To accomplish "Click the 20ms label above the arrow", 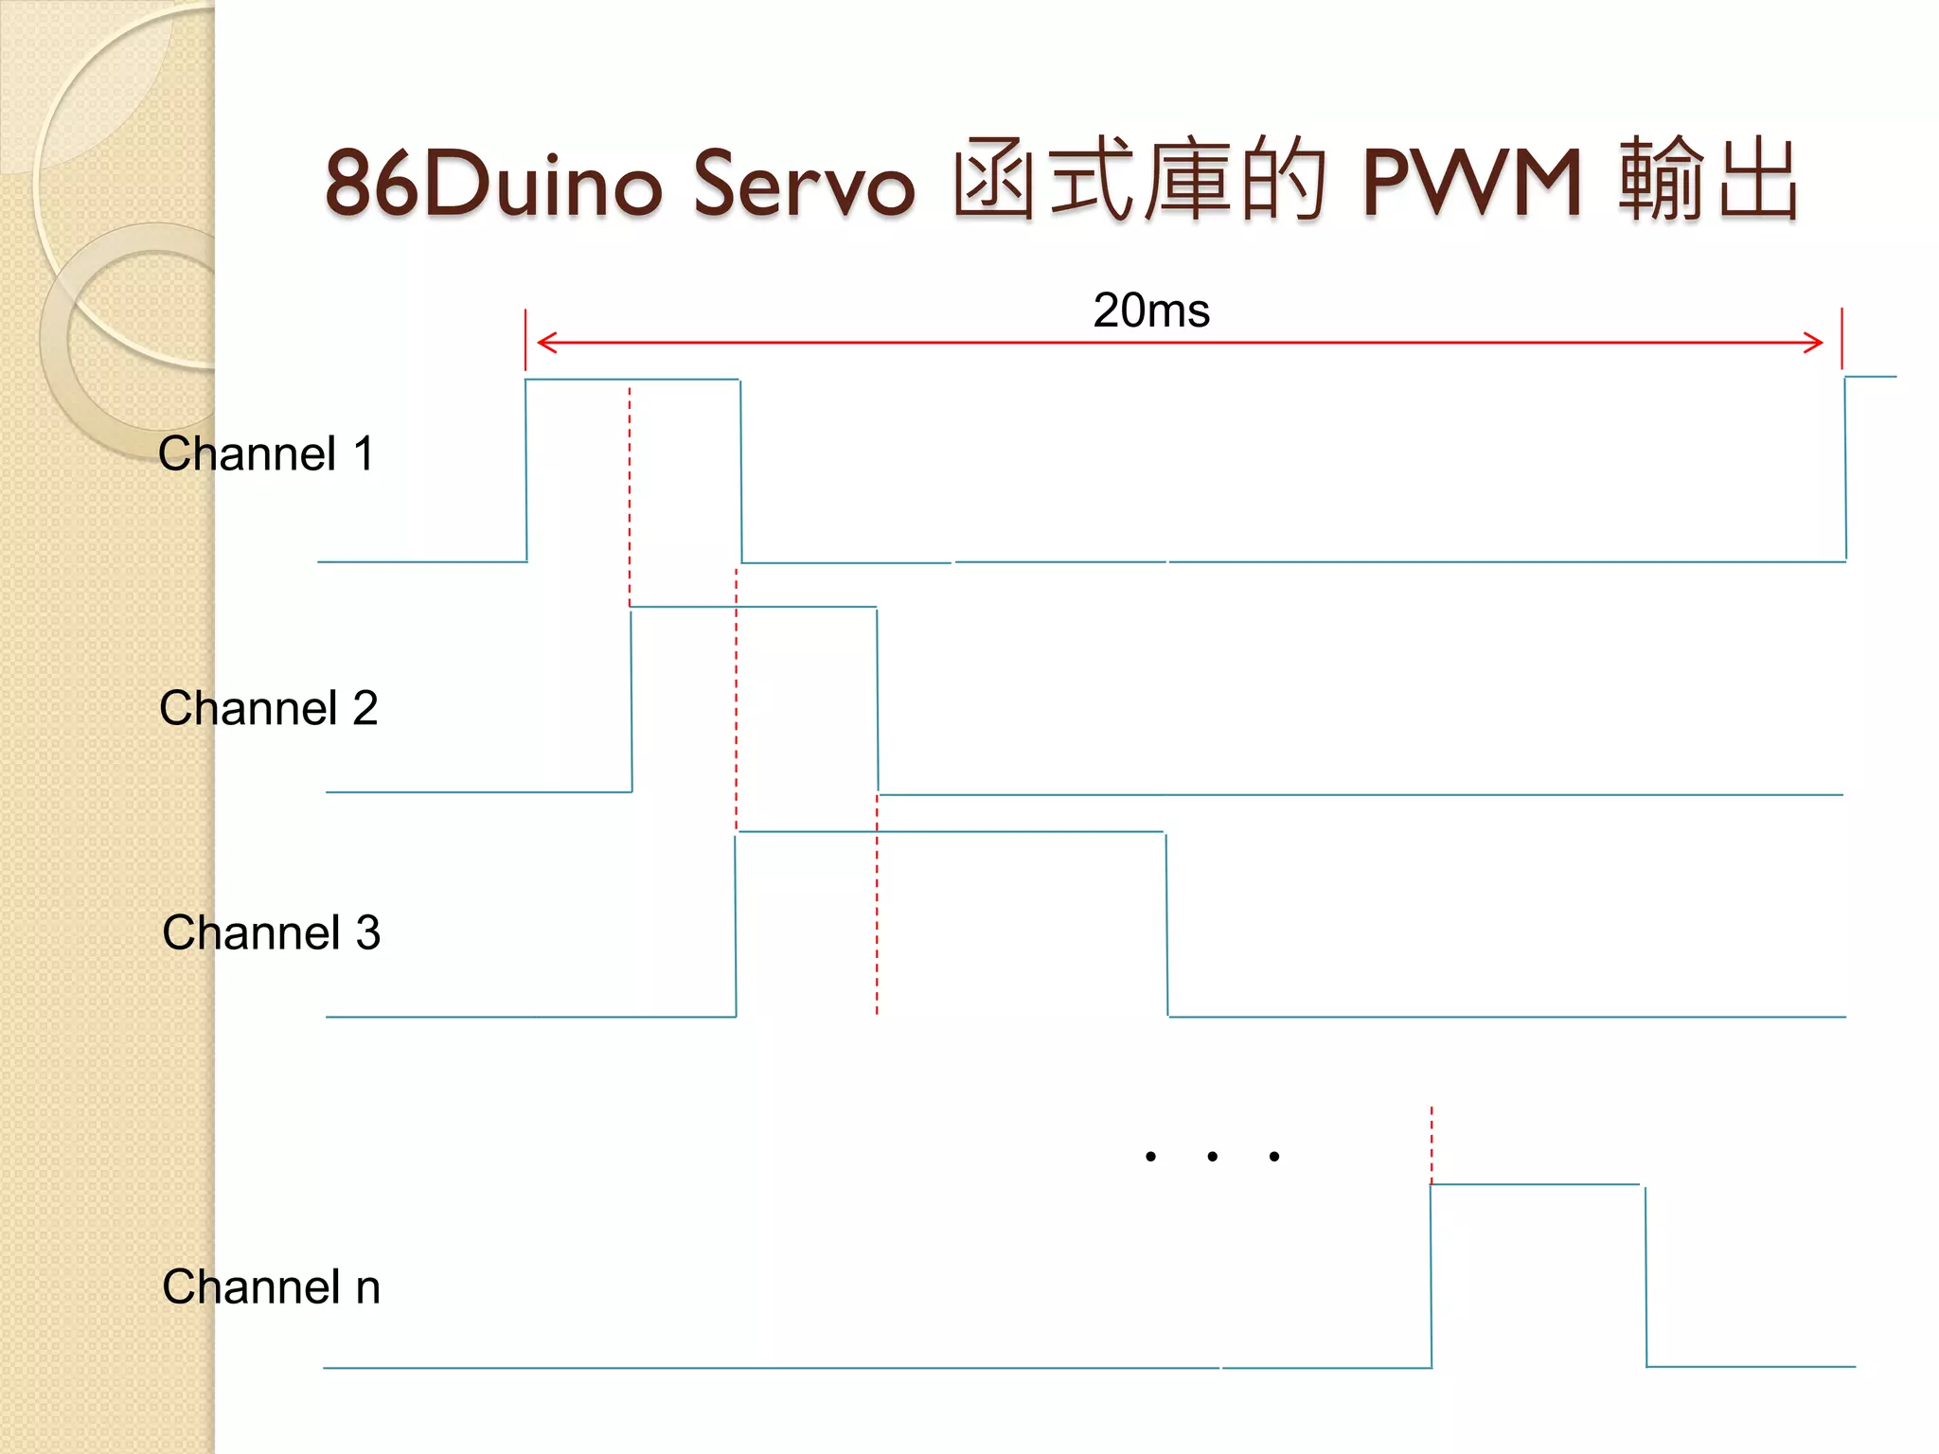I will click(x=1151, y=310).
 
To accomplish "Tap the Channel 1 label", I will click(x=266, y=453).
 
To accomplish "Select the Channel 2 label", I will click(x=269, y=708).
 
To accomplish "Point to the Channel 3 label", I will click(x=271, y=932).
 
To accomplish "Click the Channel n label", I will click(x=271, y=1286).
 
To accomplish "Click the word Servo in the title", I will click(x=804, y=183).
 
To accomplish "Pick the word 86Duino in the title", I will click(x=493, y=183).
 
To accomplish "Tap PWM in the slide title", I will click(x=1471, y=183).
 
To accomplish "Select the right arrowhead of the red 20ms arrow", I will click(x=1816, y=342).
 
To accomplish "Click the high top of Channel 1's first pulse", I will click(x=632, y=380).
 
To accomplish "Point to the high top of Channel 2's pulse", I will click(x=754, y=607).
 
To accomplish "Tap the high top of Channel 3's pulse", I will click(x=951, y=832).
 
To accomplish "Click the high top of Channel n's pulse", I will click(x=1535, y=1184).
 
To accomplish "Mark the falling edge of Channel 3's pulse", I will click(x=1166, y=925).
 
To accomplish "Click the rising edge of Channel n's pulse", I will click(x=1431, y=1276).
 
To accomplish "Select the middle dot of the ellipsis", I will click(x=1212, y=1156).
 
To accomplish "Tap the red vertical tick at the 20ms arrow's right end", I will click(x=1841, y=338).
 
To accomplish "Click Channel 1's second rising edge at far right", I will click(x=1845, y=469).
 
